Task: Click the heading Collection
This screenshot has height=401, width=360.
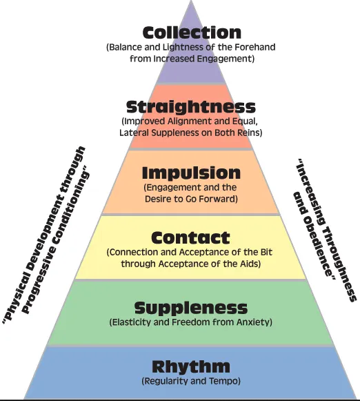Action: (192, 32)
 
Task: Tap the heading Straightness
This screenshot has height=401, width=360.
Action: (191, 108)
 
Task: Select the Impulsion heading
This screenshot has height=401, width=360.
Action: (191, 174)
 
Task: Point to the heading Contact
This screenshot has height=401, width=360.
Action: (190, 237)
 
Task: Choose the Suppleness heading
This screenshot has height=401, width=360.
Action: (191, 309)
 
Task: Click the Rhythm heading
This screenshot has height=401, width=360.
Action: (191, 366)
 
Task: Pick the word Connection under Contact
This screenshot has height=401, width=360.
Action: (132, 252)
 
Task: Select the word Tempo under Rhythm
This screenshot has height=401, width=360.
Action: (224, 381)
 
